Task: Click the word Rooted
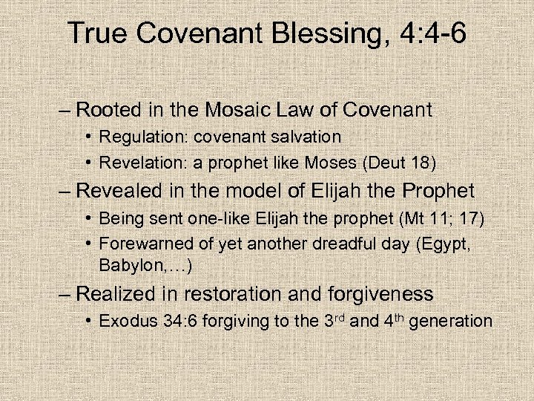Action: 108,111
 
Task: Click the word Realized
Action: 116,294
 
